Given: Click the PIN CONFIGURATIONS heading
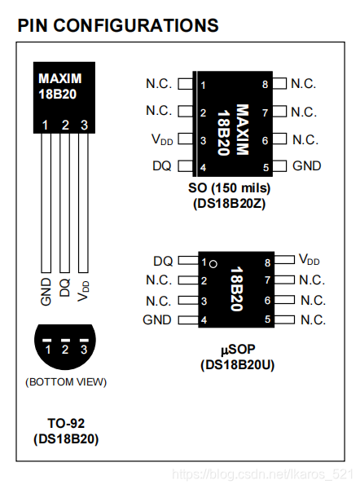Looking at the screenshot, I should pyautogui.click(x=118, y=25).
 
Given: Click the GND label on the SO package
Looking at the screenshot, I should pyautogui.click(x=306, y=166).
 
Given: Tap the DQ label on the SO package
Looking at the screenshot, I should pyautogui.click(x=161, y=166).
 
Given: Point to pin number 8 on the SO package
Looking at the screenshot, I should pyautogui.click(x=266, y=84).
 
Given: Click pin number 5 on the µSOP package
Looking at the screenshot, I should pyautogui.click(x=266, y=319).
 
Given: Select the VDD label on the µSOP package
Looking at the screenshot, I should pyautogui.click(x=309, y=260).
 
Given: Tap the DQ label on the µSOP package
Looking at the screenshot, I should pyautogui.click(x=162, y=261).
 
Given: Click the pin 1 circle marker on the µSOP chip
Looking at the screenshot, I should pyautogui.click(x=212, y=263).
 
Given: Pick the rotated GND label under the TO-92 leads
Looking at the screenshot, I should pyautogui.click(x=46, y=289).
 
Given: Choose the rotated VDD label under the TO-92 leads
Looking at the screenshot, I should pyautogui.click(x=84, y=290).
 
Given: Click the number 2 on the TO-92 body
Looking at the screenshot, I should pyautogui.click(x=65, y=125).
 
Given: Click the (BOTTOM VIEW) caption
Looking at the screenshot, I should pyautogui.click(x=66, y=381).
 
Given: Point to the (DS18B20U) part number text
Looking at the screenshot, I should pyautogui.click(x=237, y=364).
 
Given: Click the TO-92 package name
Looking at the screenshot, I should pyautogui.click(x=66, y=423).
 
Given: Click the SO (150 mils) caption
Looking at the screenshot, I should pyautogui.click(x=229, y=188).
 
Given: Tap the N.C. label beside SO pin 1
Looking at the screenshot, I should pyautogui.click(x=159, y=84).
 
